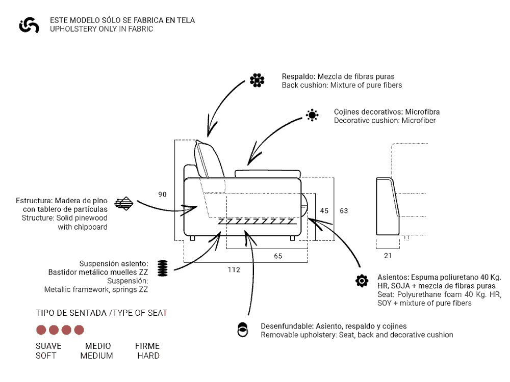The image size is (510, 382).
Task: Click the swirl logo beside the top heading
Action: (x=29, y=25)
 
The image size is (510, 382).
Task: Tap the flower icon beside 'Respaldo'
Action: (x=257, y=80)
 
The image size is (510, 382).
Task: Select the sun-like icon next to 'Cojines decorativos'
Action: (x=312, y=116)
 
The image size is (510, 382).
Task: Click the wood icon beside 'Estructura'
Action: (x=124, y=204)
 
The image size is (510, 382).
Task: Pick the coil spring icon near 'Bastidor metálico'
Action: (x=162, y=268)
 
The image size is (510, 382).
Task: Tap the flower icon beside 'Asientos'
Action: (x=362, y=281)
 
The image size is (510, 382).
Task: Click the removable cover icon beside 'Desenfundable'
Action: (x=243, y=330)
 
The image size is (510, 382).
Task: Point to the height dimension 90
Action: (x=162, y=195)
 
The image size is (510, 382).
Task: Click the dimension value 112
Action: (x=234, y=269)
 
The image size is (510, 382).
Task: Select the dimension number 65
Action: (x=278, y=256)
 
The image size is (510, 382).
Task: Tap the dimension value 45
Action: (x=324, y=210)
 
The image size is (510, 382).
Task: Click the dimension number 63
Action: (x=344, y=210)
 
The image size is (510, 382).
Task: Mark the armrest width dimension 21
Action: (x=388, y=256)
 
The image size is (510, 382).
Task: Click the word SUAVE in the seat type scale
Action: (x=48, y=346)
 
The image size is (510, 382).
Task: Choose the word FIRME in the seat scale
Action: (x=147, y=346)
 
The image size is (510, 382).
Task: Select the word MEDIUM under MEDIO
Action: (x=96, y=356)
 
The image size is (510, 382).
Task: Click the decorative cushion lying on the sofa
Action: (x=267, y=173)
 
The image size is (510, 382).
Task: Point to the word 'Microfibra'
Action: (x=421, y=112)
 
